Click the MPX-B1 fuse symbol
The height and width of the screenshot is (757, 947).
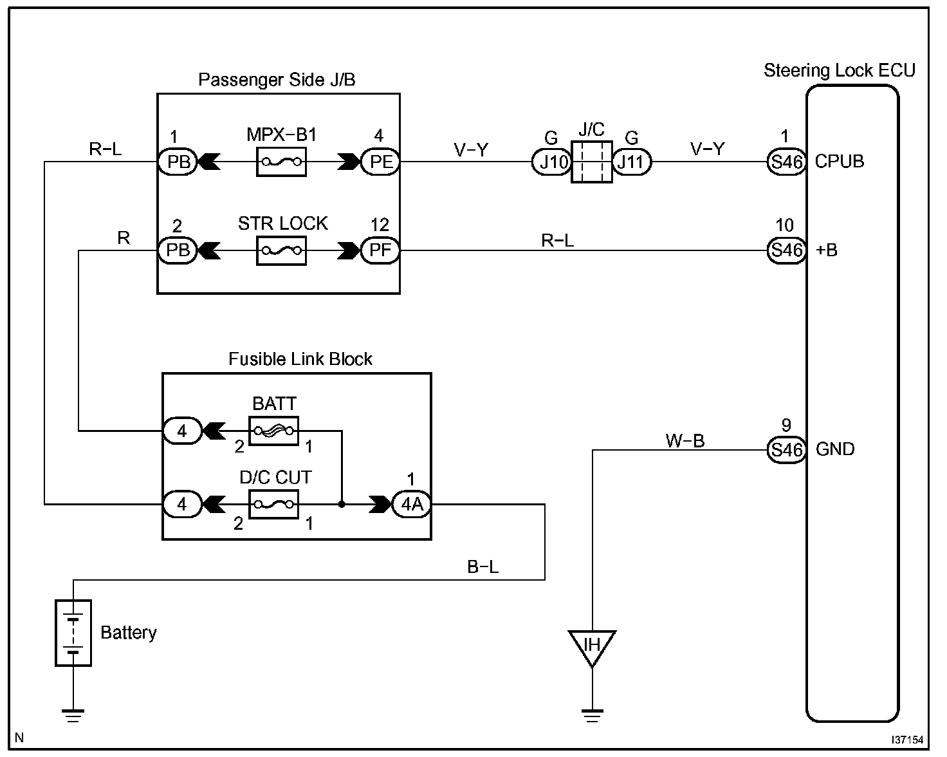281,162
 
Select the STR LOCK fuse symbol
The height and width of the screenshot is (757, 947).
281,250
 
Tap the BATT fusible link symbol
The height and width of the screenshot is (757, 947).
273,431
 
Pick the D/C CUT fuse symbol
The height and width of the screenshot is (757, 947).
273,504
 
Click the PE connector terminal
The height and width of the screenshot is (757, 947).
380,162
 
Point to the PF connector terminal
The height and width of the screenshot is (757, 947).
380,250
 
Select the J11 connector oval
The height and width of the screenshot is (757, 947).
632,162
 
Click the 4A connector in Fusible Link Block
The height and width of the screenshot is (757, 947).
412,504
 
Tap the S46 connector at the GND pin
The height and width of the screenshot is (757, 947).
787,450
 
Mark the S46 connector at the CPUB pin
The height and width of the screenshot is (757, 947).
787,162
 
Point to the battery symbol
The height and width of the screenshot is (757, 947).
73,633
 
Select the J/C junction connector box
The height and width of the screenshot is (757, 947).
592,162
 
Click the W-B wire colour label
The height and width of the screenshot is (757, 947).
685,440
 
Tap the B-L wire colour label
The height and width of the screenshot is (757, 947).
483,566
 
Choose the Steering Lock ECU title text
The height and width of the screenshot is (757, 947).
839,70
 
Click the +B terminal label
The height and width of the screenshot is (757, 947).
827,250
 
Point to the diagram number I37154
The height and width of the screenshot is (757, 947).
907,740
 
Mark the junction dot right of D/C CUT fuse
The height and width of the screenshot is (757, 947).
342,505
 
